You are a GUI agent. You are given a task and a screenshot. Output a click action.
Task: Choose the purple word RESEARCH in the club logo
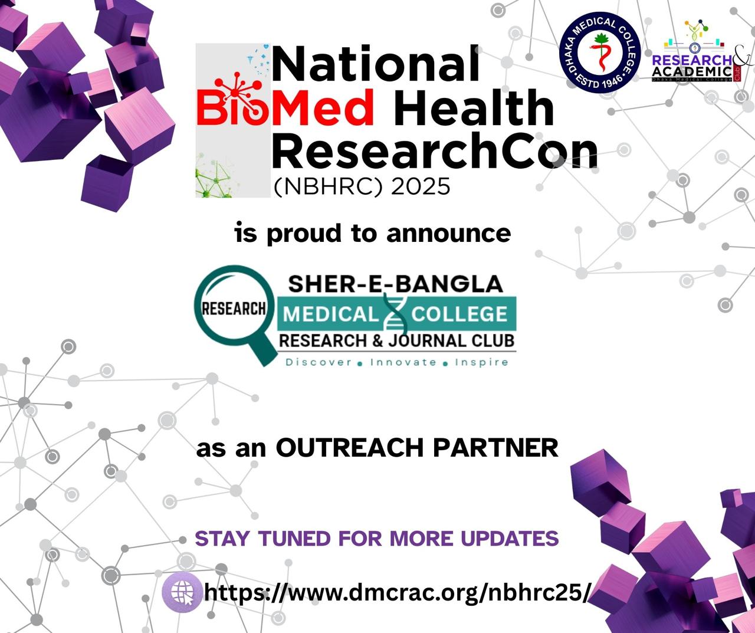point(692,60)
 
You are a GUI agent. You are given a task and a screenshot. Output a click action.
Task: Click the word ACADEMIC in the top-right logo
point(692,71)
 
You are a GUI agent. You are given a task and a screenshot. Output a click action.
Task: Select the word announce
point(448,233)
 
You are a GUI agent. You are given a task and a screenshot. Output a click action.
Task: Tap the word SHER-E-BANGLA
point(396,284)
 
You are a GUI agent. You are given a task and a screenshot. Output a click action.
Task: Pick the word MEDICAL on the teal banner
point(330,314)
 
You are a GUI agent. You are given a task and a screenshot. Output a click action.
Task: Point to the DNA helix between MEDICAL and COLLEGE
point(395,314)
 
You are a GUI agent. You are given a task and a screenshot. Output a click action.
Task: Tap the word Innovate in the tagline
point(403,362)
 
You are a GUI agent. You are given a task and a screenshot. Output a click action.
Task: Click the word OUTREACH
point(350,448)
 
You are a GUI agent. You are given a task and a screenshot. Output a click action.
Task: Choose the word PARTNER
point(495,448)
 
